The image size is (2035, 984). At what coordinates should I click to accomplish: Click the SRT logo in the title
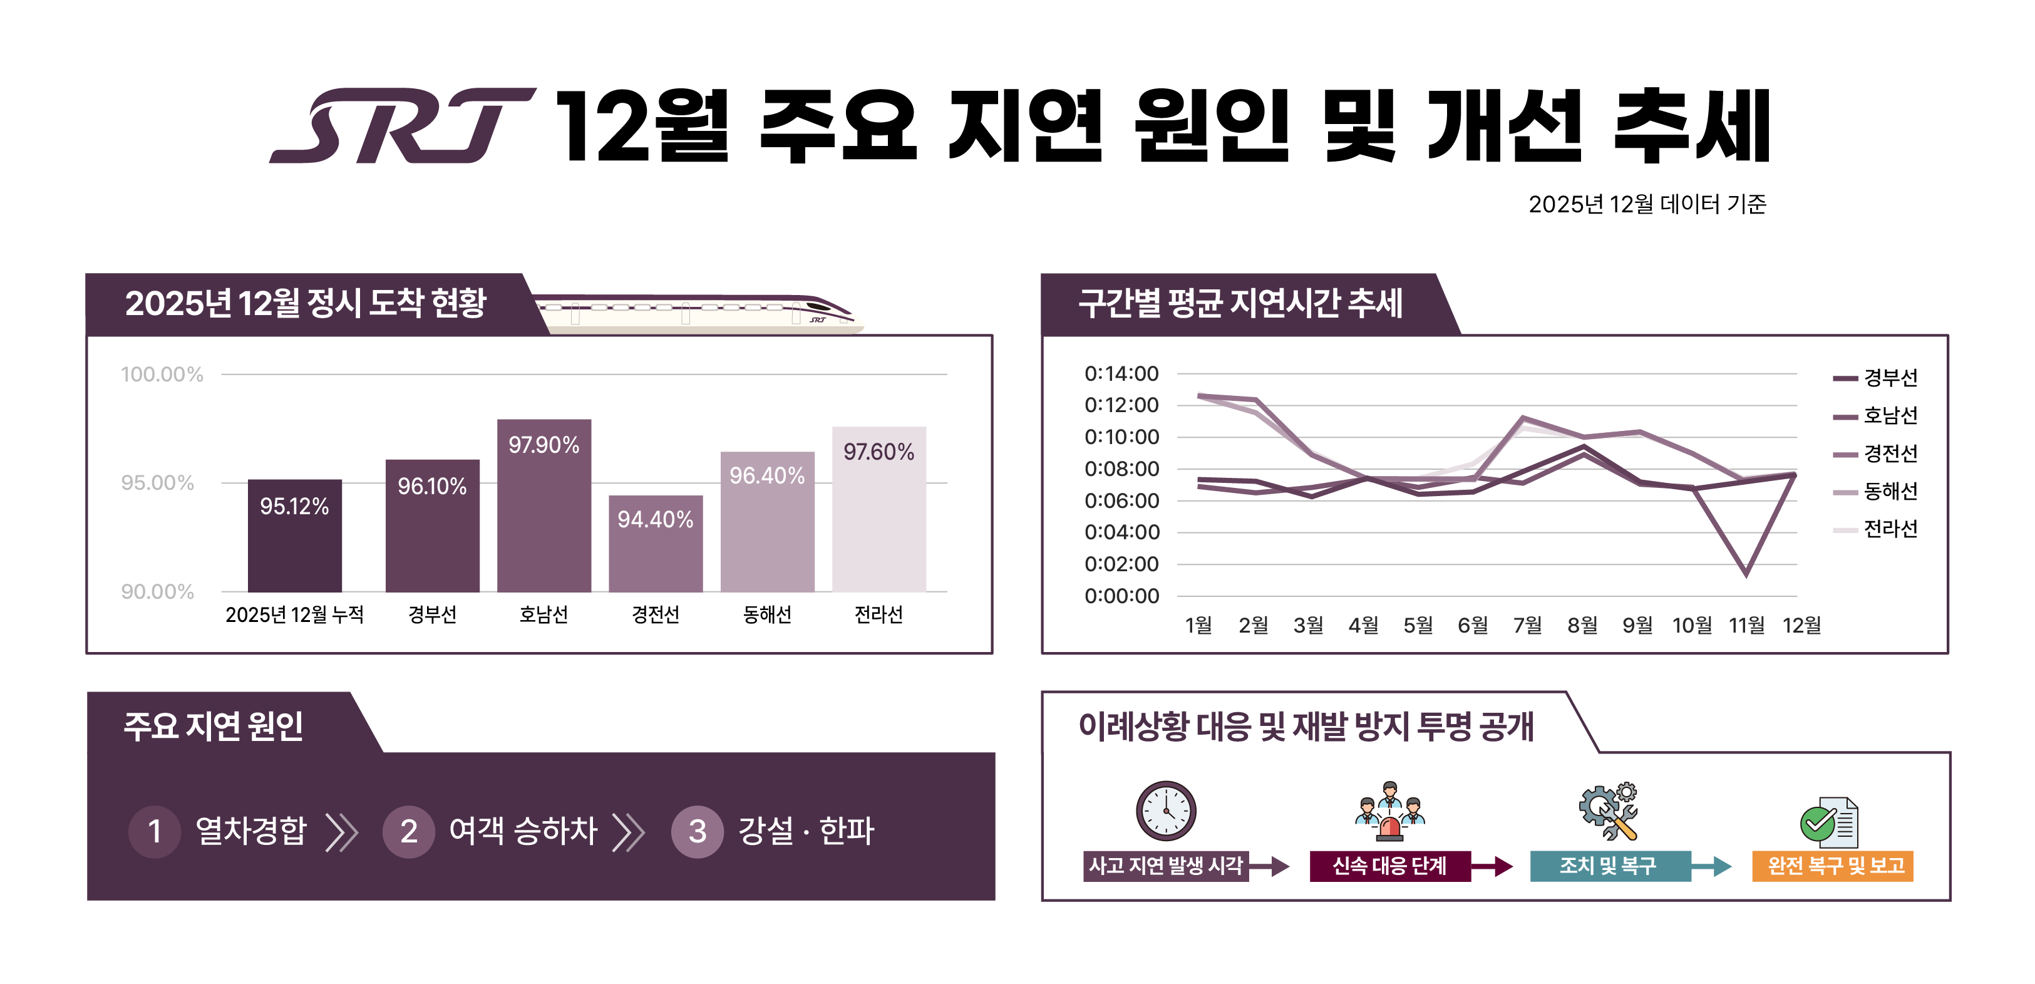coord(403,126)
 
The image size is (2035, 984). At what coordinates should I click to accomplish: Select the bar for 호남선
coord(544,514)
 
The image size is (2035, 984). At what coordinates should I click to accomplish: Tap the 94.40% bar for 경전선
coord(655,546)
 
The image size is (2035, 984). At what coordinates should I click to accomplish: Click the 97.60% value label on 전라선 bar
coord(878,452)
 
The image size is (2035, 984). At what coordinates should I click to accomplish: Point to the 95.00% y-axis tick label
coord(157,483)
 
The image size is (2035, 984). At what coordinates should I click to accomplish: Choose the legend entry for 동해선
coord(1889,492)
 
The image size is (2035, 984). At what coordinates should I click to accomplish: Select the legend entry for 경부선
coord(1889,378)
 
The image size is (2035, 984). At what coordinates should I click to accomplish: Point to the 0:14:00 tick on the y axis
coord(1121,374)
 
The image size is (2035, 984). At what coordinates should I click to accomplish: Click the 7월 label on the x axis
coord(1527,625)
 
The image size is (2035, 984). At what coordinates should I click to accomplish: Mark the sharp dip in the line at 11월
coord(1746,573)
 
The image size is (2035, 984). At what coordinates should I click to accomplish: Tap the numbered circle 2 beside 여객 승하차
coord(408,831)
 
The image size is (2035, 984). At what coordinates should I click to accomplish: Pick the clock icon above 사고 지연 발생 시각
coord(1165,810)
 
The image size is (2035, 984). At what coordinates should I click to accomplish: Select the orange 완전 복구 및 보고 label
coord(1832,866)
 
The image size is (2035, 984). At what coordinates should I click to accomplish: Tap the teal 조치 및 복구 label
coord(1609,866)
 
